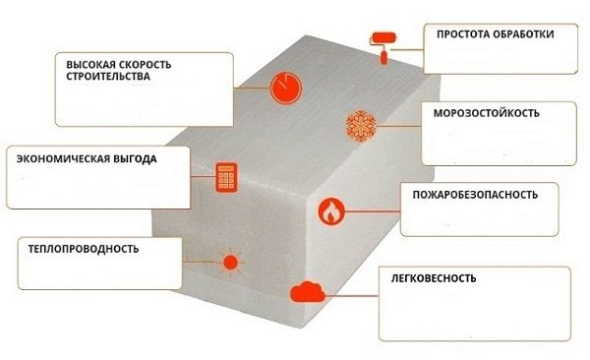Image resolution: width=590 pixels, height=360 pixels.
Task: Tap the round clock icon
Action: (x=286, y=88)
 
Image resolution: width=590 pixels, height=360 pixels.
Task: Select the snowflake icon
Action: (x=361, y=126)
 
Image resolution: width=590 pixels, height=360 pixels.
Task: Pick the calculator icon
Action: (x=226, y=177)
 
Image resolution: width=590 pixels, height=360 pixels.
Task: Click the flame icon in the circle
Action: (x=331, y=211)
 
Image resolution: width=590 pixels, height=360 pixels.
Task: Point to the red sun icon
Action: (x=230, y=263)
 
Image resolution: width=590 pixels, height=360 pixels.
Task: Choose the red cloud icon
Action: (x=308, y=292)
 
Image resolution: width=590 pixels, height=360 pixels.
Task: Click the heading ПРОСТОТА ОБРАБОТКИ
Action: (x=496, y=34)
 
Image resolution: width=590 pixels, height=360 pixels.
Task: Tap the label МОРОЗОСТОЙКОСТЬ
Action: (x=486, y=113)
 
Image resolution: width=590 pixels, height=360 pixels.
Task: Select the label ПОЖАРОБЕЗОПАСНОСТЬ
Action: (x=475, y=195)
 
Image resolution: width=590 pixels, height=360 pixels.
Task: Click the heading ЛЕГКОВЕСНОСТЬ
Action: (x=434, y=278)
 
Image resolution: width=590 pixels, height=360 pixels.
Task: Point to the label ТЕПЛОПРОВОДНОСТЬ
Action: (x=84, y=249)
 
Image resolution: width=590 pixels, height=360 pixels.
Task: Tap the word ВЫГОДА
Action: (x=135, y=159)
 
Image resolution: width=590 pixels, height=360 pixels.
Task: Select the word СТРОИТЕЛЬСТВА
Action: (x=108, y=76)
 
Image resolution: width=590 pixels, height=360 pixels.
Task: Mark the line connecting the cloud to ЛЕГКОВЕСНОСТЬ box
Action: (x=351, y=296)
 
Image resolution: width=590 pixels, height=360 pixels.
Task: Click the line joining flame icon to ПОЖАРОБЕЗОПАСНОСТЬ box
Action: (x=373, y=211)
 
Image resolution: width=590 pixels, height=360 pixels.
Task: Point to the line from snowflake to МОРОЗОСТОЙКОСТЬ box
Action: (x=398, y=126)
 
